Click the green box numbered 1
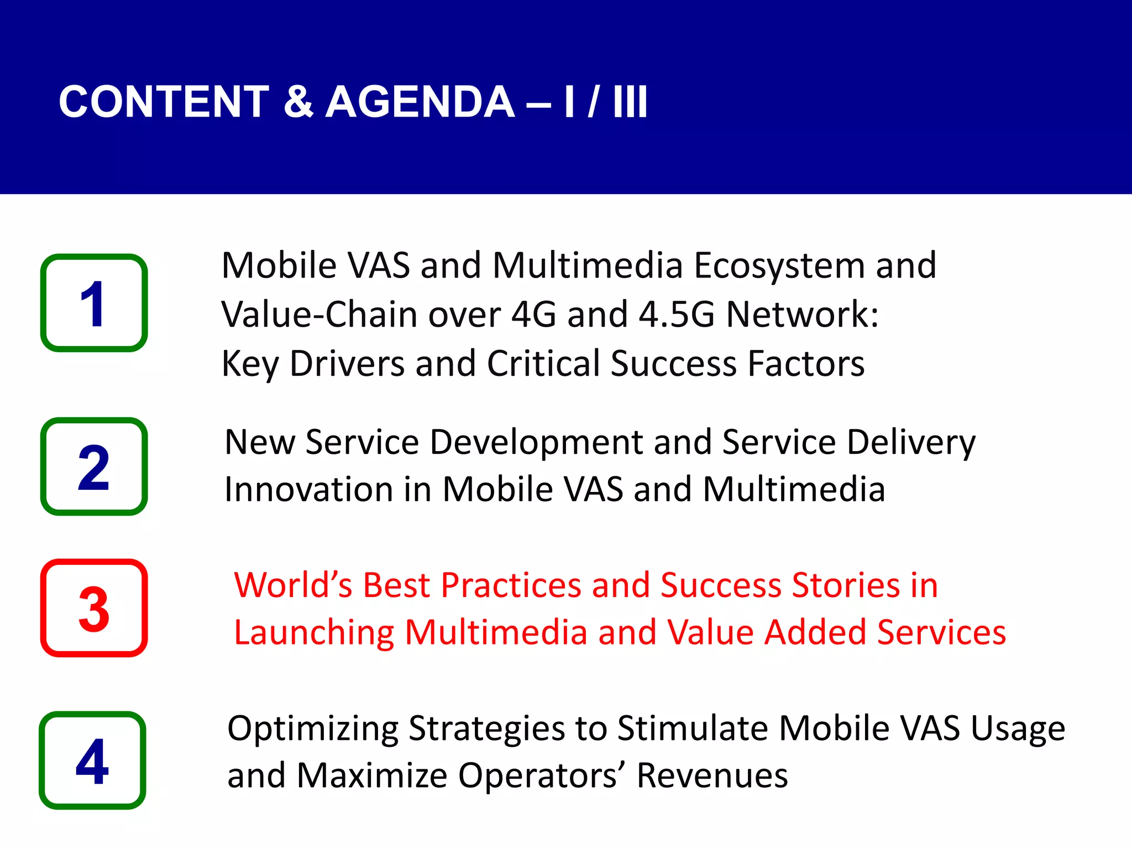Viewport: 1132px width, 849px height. pyautogui.click(x=94, y=303)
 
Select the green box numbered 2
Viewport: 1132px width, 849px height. pyautogui.click(x=94, y=467)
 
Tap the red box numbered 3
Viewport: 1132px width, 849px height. pyautogui.click(x=94, y=608)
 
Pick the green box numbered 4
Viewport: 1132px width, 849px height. pyautogui.click(x=92, y=761)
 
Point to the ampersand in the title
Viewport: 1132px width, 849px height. pyautogui.click(x=298, y=102)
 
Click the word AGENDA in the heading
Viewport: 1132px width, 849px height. pyautogui.click(x=420, y=102)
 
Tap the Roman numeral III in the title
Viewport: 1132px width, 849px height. pyautogui.click(x=630, y=102)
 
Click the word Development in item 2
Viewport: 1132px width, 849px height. pyautogui.click(x=536, y=443)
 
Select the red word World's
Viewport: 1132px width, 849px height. pyautogui.click(x=293, y=585)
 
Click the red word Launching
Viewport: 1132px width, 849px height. pyautogui.click(x=314, y=633)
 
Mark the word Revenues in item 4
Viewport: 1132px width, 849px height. pyautogui.click(x=712, y=775)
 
